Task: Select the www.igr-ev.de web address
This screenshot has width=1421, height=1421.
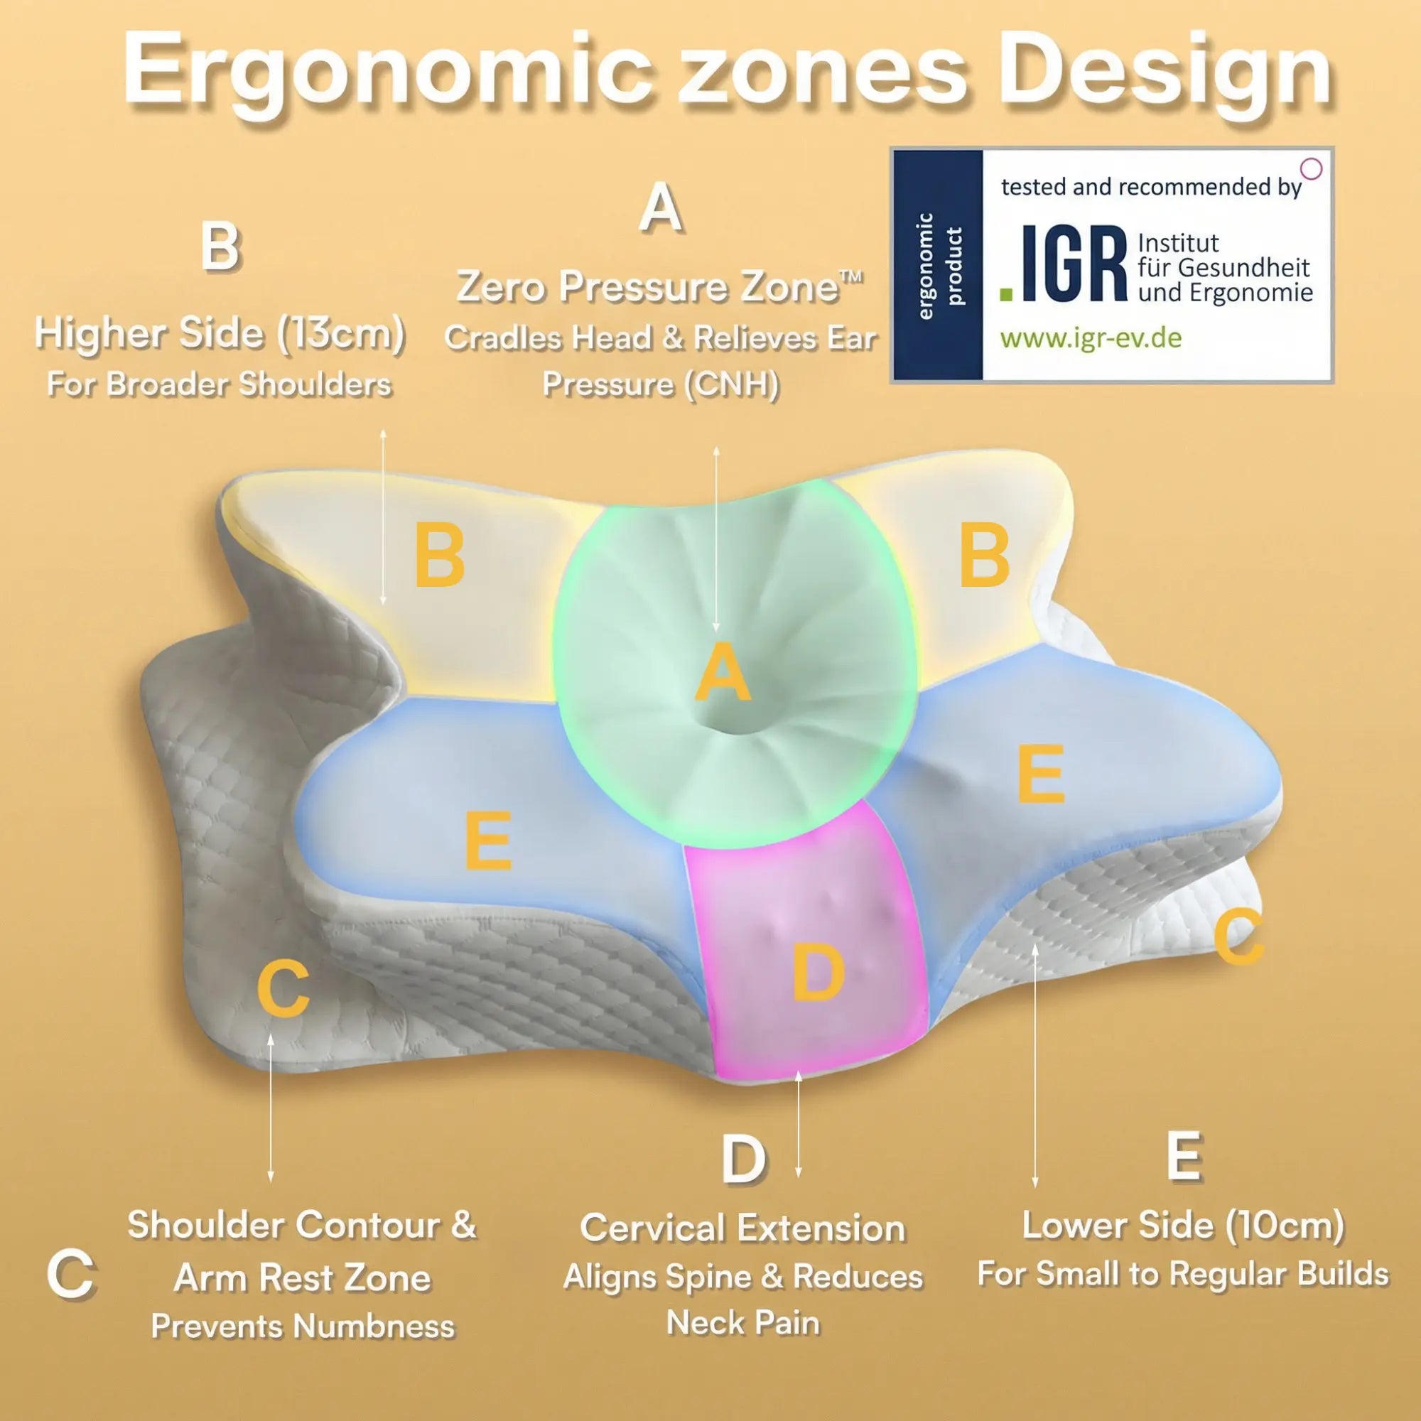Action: (x=1090, y=338)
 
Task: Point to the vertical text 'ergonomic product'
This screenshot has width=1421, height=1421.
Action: (x=939, y=266)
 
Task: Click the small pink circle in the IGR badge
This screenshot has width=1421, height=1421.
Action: (x=1312, y=169)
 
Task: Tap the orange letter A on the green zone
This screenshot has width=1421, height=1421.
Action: (x=723, y=671)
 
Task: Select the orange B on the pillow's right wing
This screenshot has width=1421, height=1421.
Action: (x=984, y=557)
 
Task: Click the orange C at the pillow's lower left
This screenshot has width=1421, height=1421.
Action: (x=283, y=989)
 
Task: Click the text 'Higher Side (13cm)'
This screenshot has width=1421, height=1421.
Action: (x=219, y=333)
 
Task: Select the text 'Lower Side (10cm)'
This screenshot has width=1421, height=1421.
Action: (x=1183, y=1225)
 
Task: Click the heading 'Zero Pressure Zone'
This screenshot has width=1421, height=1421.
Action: (x=659, y=287)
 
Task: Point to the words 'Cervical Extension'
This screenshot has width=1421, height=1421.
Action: (x=742, y=1228)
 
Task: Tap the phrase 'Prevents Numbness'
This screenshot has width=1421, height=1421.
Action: (x=302, y=1326)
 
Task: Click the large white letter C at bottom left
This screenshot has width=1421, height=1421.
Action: (x=70, y=1275)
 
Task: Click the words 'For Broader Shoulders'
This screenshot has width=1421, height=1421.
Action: (x=219, y=384)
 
